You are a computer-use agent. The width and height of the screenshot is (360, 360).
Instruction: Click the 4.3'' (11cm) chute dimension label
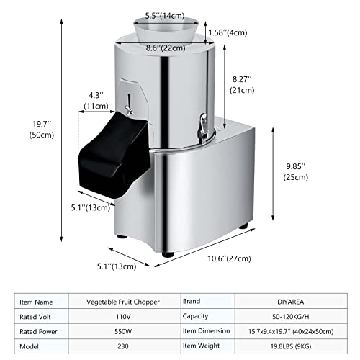coord(96,100)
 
